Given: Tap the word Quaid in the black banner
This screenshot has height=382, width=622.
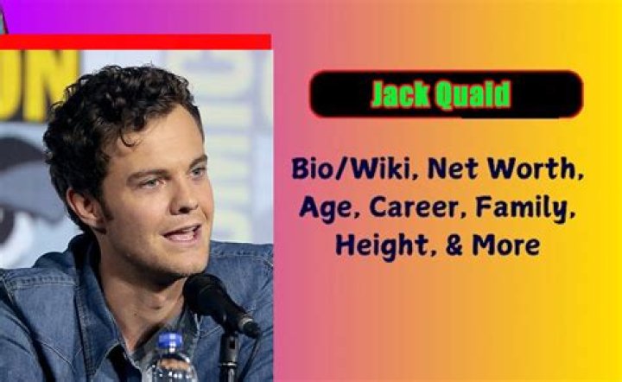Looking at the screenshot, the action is click(473, 95).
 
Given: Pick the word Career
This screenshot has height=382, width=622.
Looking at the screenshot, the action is click(416, 207).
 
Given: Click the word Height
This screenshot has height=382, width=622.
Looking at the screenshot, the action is click(383, 246).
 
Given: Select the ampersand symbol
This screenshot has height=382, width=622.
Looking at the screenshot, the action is click(454, 245).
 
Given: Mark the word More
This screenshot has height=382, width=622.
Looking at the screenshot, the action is click(506, 245).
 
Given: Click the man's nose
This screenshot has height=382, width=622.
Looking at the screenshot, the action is click(187, 199).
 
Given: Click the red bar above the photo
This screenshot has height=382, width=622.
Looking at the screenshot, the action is click(136, 41).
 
